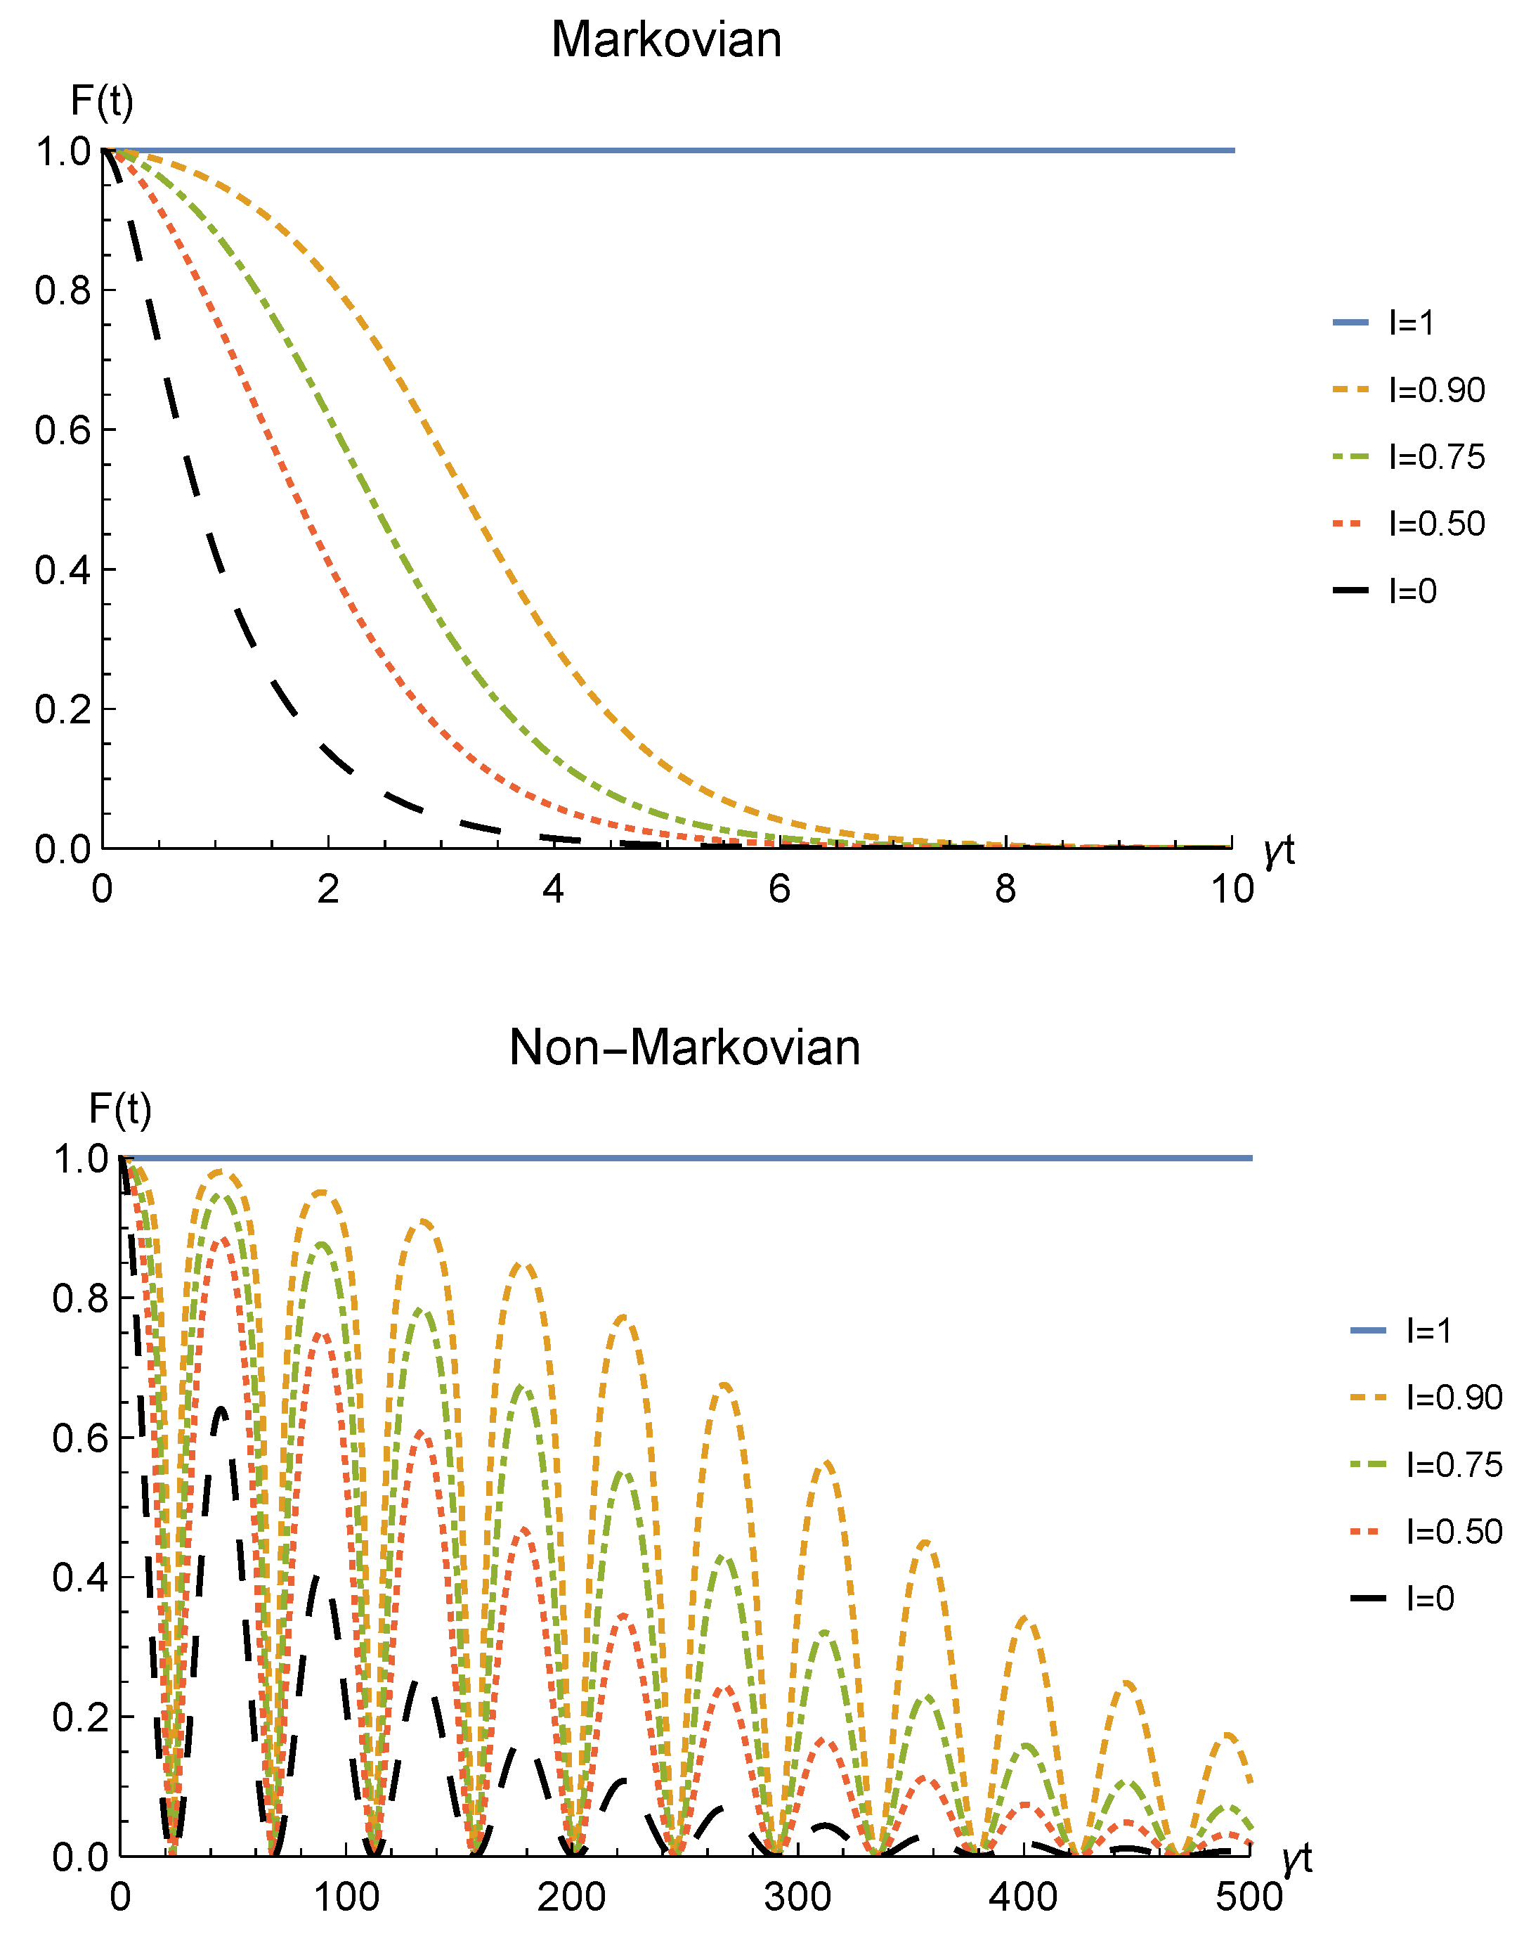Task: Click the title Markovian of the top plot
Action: [x=666, y=40]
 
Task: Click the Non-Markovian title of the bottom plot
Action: [x=685, y=1047]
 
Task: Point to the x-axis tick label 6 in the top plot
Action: [x=779, y=889]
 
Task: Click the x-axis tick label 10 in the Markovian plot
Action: [x=1232, y=889]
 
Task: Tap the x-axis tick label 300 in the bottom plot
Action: [x=797, y=1897]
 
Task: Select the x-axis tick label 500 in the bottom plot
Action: [x=1249, y=1897]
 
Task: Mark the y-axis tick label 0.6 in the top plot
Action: [x=63, y=430]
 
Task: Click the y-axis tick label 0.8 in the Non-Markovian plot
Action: [x=81, y=1298]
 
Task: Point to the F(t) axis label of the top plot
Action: [x=101, y=101]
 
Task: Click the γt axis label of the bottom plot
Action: [x=1296, y=1858]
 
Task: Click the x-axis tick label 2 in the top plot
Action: [x=328, y=889]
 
